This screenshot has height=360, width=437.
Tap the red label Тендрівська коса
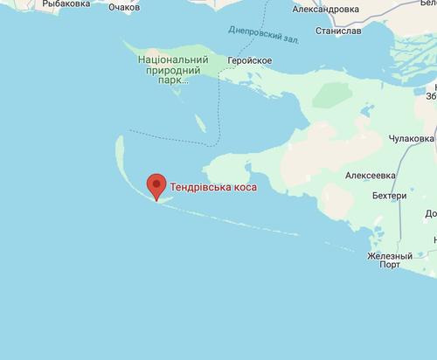[213, 187]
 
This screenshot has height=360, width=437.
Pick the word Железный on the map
[390, 256]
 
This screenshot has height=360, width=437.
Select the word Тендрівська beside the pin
[198, 187]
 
